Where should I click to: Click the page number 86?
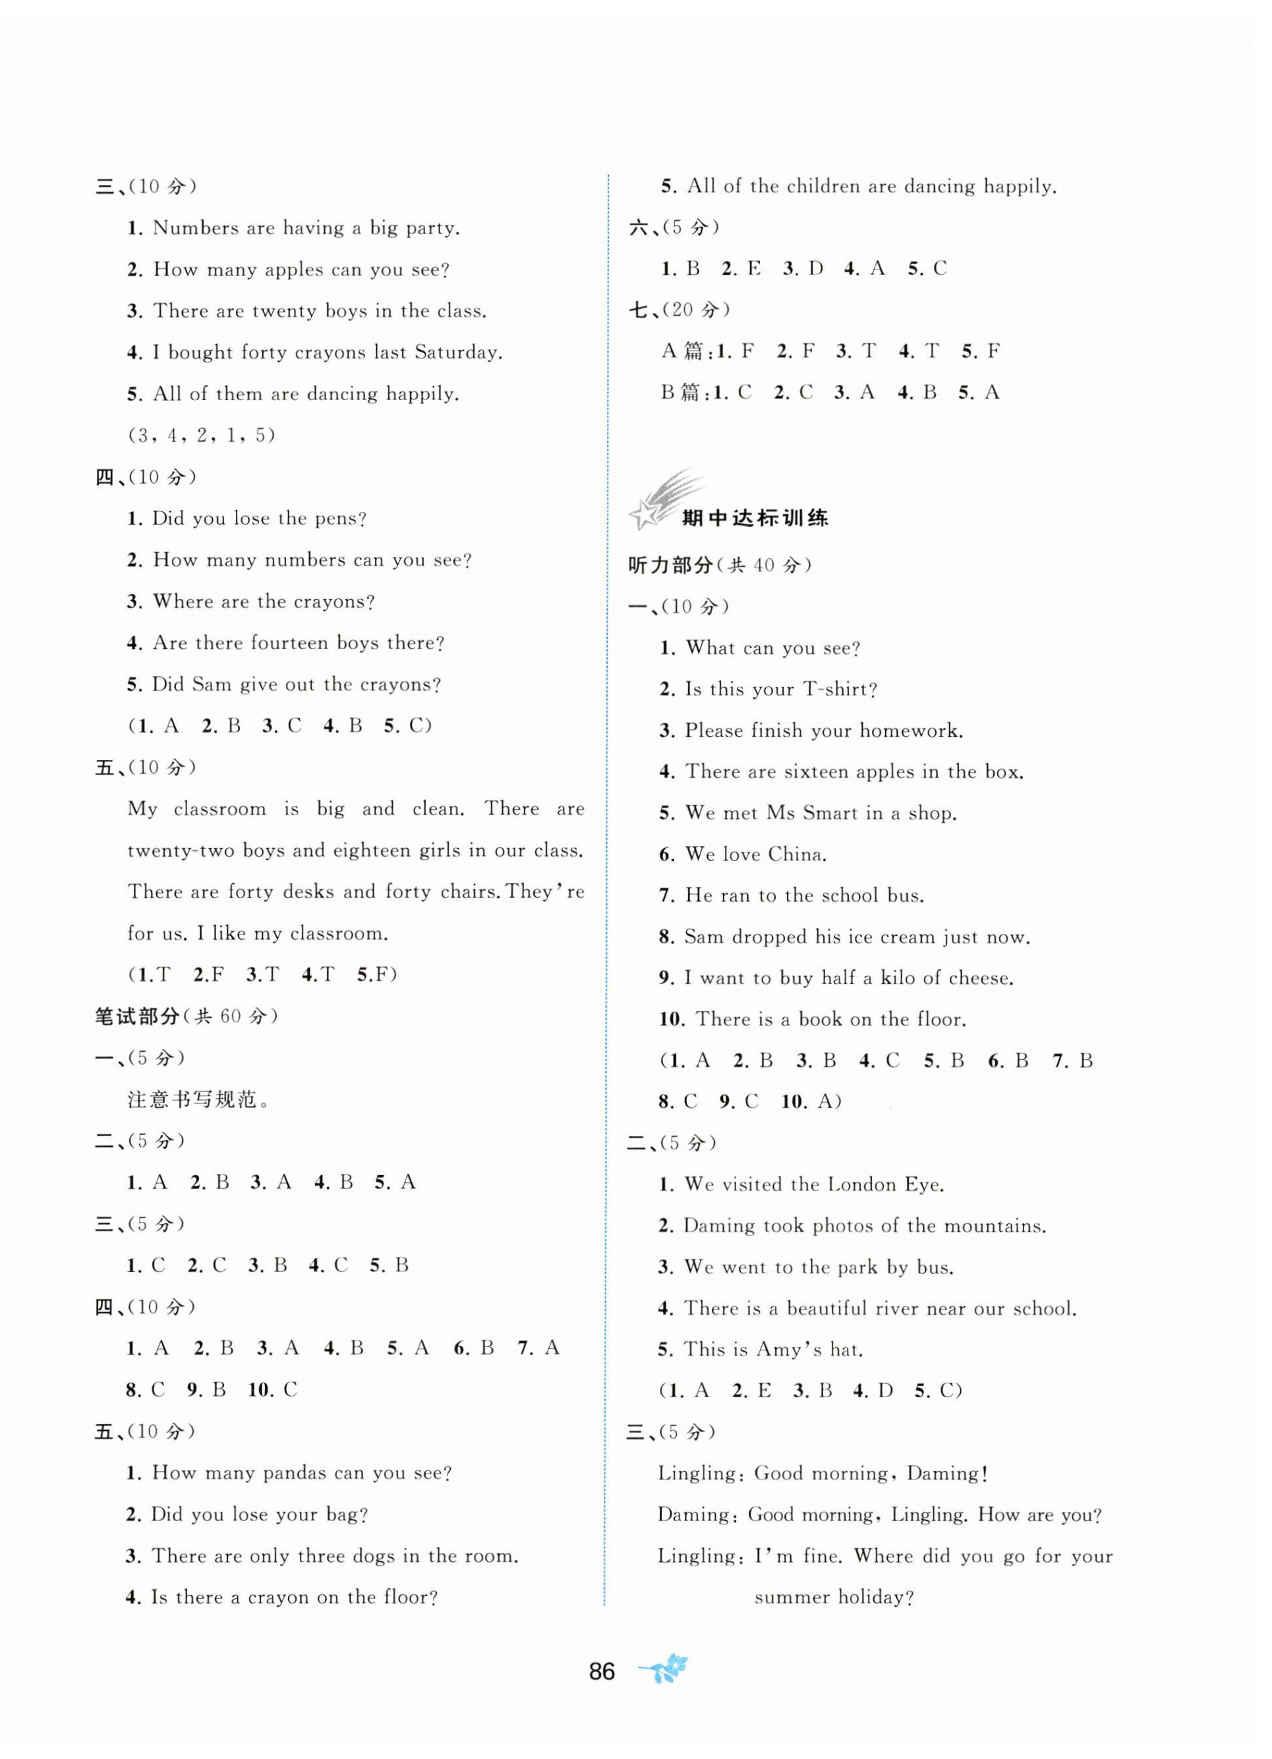coord(601,1671)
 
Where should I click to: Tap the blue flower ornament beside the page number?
coord(663,1669)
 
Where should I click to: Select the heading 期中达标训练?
coord(754,518)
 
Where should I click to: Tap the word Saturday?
coord(457,353)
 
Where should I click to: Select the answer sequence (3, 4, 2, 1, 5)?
coord(202,435)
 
